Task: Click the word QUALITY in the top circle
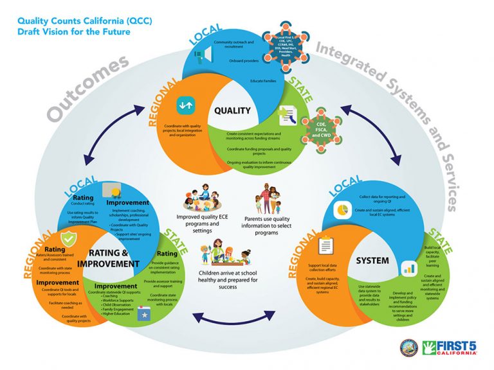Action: point(232,110)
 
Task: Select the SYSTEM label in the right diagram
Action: point(372,261)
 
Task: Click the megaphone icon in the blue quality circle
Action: point(200,57)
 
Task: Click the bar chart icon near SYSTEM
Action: point(408,268)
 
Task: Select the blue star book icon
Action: point(145,315)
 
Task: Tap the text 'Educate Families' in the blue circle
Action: point(264,82)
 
